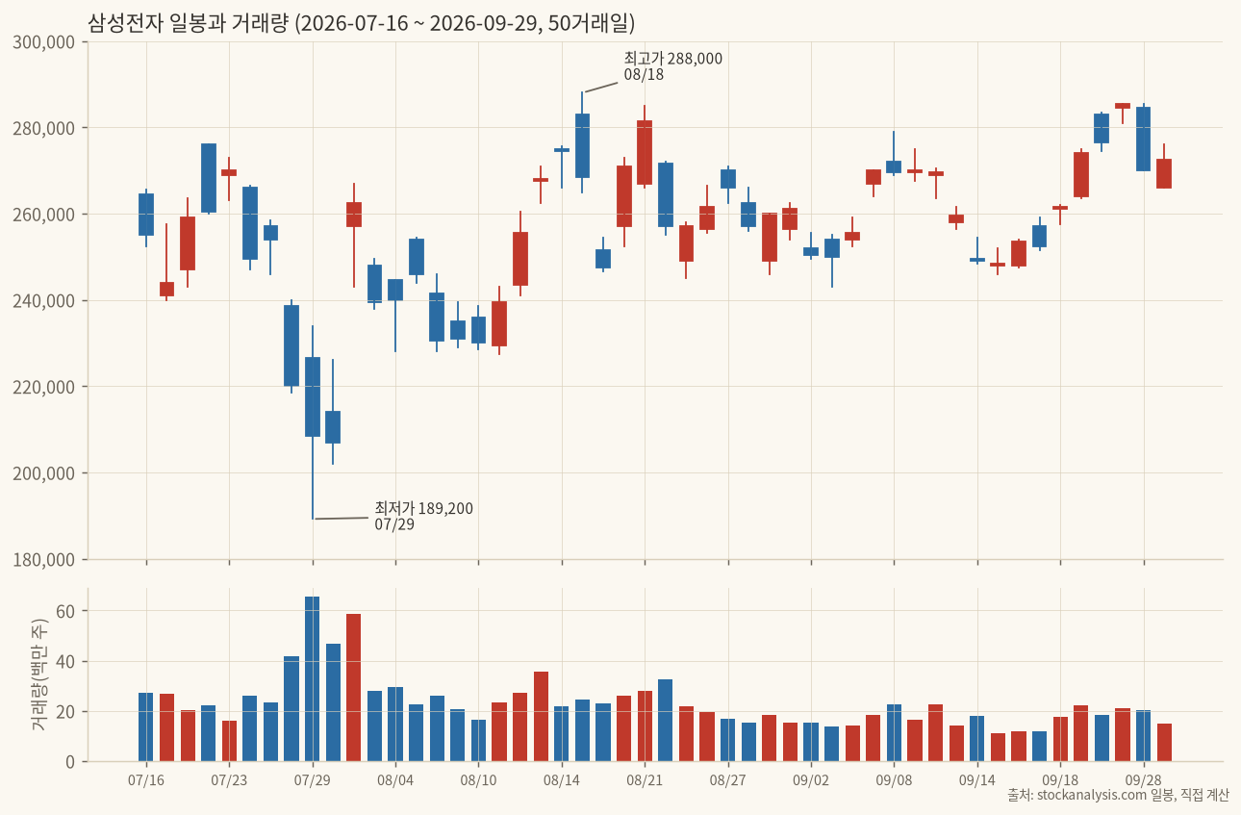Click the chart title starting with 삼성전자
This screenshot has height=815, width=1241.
click(361, 23)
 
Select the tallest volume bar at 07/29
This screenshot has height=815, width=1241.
click(313, 678)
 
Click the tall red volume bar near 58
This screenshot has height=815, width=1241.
click(353, 688)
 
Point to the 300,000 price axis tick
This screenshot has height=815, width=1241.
click(43, 42)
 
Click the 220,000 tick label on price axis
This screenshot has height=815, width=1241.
click(43, 387)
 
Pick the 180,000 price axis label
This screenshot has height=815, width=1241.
click(43, 560)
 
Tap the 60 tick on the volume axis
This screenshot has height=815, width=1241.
click(65, 611)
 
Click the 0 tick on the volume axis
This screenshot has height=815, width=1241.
click(70, 762)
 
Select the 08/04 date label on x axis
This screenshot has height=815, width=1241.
click(395, 780)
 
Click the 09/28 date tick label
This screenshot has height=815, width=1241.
click(1144, 780)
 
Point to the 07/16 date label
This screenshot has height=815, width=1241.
click(146, 780)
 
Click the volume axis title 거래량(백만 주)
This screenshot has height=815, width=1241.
click(38, 675)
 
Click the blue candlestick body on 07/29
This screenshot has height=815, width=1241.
click(313, 396)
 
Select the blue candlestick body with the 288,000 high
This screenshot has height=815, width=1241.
click(582, 145)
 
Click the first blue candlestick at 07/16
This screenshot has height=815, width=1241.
click(146, 215)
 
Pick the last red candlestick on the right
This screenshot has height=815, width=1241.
click(1164, 173)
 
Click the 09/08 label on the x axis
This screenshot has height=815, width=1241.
click(894, 780)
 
